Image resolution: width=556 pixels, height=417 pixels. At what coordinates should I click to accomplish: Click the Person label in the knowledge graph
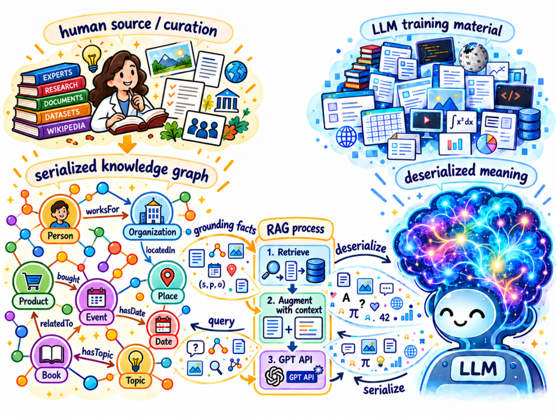coord(60,236)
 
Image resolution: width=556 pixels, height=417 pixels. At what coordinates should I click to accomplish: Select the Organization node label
coord(152,232)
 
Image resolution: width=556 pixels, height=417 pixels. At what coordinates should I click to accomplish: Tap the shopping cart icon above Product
coord(33,281)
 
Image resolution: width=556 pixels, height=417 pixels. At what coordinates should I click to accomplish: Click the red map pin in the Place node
coord(167,277)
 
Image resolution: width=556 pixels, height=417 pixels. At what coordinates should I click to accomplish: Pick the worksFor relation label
coord(103,211)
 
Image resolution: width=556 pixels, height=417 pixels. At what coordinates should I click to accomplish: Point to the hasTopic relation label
coord(97,352)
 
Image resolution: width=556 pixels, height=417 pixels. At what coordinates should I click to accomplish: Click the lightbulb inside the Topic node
coord(135,361)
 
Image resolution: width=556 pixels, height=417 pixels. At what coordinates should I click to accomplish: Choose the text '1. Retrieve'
coord(288,252)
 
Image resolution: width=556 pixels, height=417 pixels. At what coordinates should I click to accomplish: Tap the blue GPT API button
coord(301,377)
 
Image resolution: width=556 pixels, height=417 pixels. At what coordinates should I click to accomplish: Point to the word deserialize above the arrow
coord(361,247)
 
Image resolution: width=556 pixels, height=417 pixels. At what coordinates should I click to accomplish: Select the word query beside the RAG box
coord(222,321)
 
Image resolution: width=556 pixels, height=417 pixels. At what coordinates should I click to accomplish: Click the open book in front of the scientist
coord(138,121)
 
